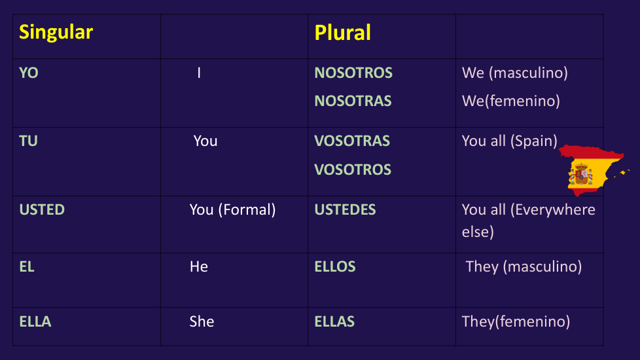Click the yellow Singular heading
(56, 33)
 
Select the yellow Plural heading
(342, 33)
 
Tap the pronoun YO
(29, 73)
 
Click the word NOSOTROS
(353, 73)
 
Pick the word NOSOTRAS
(353, 101)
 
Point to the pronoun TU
(28, 141)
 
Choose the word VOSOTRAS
(352, 141)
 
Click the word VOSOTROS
(353, 170)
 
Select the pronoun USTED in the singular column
(42, 209)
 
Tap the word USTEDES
(345, 209)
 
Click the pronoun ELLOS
(334, 266)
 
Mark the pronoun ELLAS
(334, 321)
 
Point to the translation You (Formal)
(233, 210)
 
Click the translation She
(202, 321)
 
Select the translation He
(199, 266)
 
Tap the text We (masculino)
(515, 73)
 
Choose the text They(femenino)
(516, 321)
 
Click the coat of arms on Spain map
(581, 174)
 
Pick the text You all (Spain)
(509, 141)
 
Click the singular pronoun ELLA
(35, 321)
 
